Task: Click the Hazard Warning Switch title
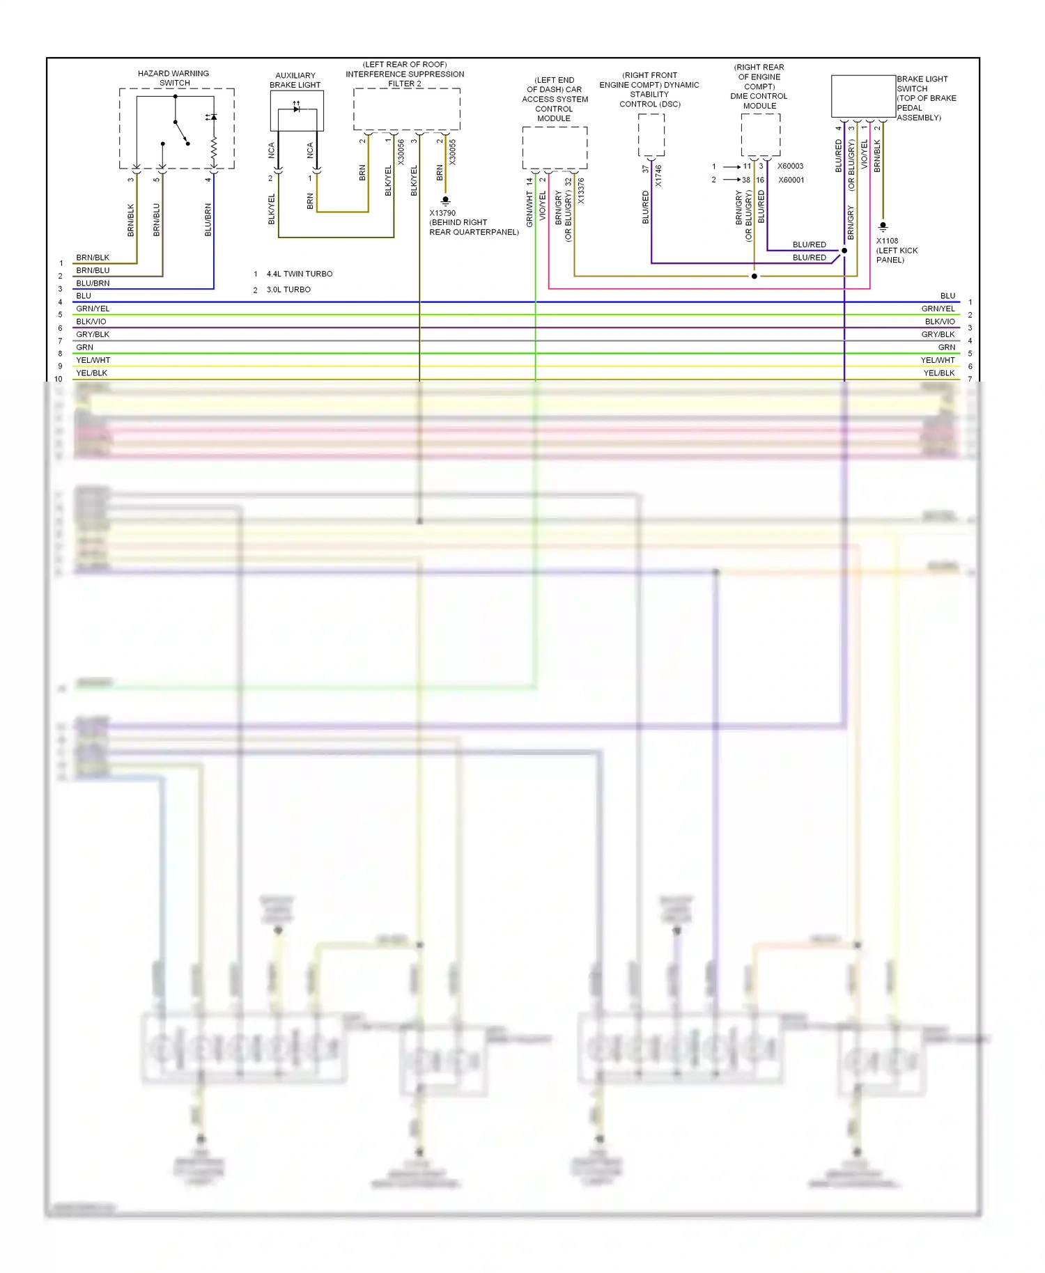pyautogui.click(x=173, y=78)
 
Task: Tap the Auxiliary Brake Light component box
pyautogui.click(x=297, y=111)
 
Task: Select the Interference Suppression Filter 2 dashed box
pyautogui.click(x=407, y=109)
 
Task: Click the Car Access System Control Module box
pyautogui.click(x=555, y=148)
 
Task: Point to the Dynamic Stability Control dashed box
pyautogui.click(x=651, y=134)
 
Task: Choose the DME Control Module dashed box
pyautogui.click(x=760, y=134)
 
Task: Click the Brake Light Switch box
pyautogui.click(x=863, y=96)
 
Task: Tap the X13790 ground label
pyautogui.click(x=442, y=213)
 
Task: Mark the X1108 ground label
pyautogui.click(x=887, y=241)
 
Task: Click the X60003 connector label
pyautogui.click(x=790, y=166)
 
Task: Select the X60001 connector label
pyautogui.click(x=791, y=180)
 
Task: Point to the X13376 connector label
pyautogui.click(x=581, y=191)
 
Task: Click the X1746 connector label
pyautogui.click(x=658, y=175)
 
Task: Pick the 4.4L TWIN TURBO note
pyautogui.click(x=300, y=274)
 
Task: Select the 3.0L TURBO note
pyautogui.click(x=288, y=290)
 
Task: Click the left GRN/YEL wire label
pyautogui.click(x=93, y=309)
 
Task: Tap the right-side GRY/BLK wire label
pyautogui.click(x=938, y=335)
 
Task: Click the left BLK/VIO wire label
pyautogui.click(x=91, y=322)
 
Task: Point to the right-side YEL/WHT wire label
pyautogui.click(x=938, y=361)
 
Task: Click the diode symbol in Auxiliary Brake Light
pyautogui.click(x=297, y=109)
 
